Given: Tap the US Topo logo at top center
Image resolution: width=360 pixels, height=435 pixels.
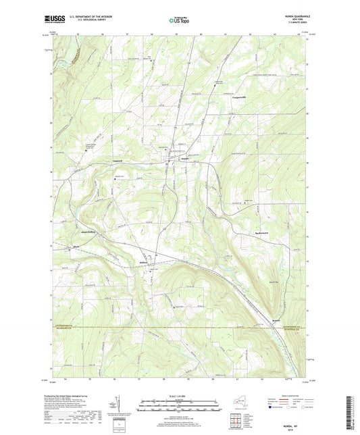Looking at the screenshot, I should (x=179, y=21).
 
